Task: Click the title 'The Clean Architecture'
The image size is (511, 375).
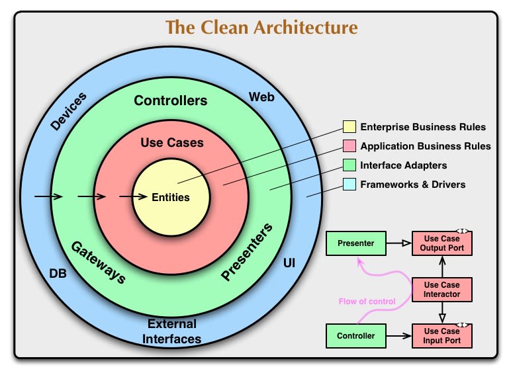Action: [x=261, y=28]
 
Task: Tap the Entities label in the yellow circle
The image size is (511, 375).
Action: [x=171, y=197]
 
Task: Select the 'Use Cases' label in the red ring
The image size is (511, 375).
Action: [x=172, y=142]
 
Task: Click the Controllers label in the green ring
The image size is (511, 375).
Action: [x=171, y=101]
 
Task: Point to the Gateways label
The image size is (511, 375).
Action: [x=98, y=262]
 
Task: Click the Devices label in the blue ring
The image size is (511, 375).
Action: [x=69, y=111]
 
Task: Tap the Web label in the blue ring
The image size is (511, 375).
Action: [x=261, y=97]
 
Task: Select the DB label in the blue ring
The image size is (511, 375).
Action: [x=58, y=272]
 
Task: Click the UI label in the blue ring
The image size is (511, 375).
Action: [x=289, y=263]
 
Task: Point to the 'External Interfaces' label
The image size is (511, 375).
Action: [x=172, y=331]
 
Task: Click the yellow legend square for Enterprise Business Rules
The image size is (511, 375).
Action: [x=349, y=127]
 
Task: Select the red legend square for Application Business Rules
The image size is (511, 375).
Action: [x=349, y=146]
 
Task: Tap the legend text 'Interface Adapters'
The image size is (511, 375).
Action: [x=403, y=165]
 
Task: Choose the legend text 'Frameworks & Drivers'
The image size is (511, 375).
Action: [x=412, y=185]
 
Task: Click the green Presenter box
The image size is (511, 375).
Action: [x=355, y=243]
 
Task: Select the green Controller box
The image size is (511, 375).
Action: [x=355, y=336]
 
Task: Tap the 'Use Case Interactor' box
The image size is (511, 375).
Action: [x=442, y=289]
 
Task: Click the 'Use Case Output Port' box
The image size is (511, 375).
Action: [x=442, y=243]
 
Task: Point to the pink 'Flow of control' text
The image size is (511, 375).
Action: [x=367, y=302]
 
